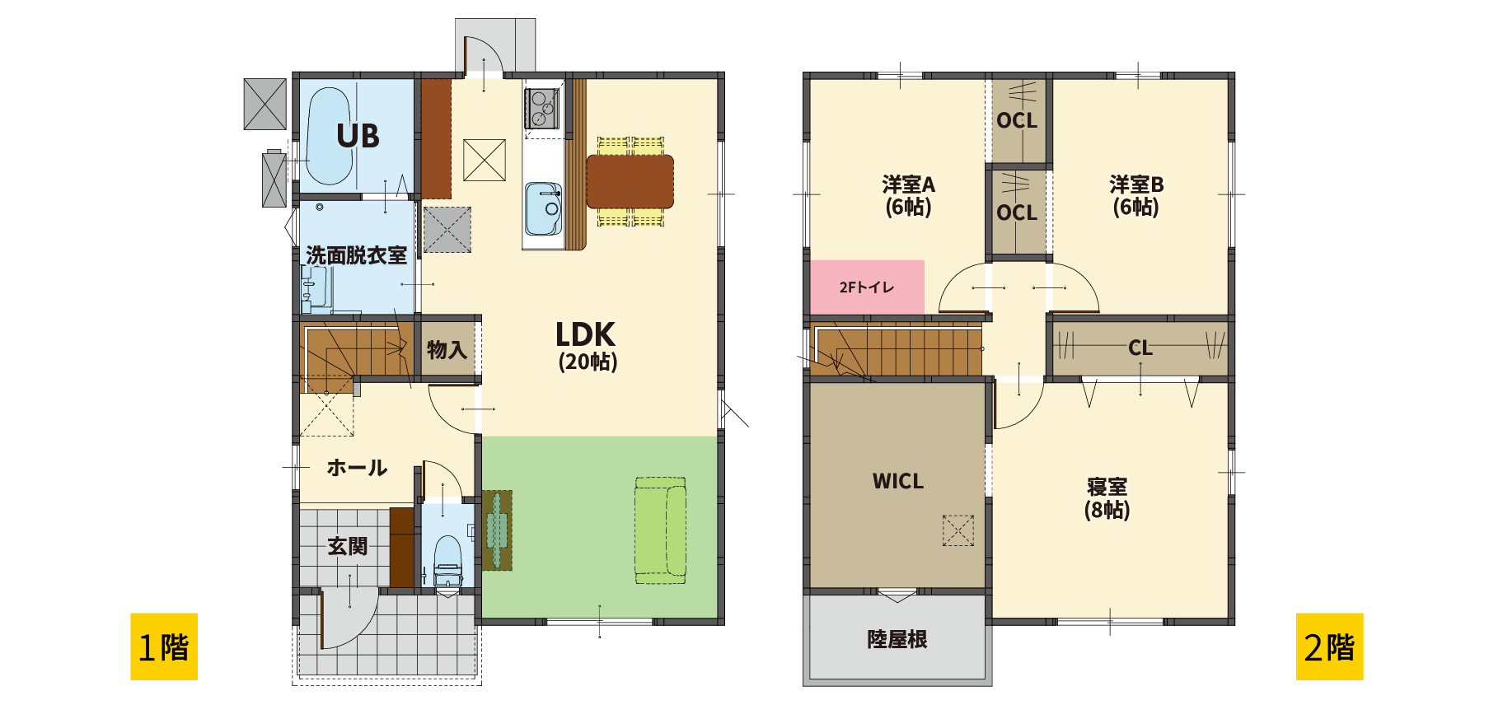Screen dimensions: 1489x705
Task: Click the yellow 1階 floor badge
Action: tap(164, 647)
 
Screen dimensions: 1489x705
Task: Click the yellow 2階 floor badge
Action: tap(1329, 647)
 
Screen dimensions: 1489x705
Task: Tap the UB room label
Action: tap(358, 136)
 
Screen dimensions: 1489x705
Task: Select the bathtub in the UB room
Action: tap(330, 136)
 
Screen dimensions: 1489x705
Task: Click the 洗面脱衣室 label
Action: tap(357, 255)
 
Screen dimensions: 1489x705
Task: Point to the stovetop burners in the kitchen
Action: tap(541, 109)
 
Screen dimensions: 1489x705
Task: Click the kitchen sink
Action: tap(544, 209)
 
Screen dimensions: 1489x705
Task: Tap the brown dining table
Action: tap(630, 181)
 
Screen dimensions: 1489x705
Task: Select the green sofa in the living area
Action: tap(660, 530)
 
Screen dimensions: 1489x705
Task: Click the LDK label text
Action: tap(586, 334)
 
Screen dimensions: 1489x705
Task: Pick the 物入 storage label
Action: tap(447, 350)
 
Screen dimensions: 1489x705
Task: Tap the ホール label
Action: tap(357, 468)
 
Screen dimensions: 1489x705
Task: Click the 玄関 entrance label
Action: tap(348, 546)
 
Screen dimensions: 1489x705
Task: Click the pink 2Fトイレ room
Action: tap(867, 287)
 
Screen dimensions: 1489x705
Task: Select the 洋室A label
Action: tap(908, 184)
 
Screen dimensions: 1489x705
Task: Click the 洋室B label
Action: tap(1136, 184)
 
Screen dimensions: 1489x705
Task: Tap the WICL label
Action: tap(898, 481)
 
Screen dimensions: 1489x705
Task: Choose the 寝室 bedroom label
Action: tap(1107, 487)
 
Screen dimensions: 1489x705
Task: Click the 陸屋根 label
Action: tap(897, 639)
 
